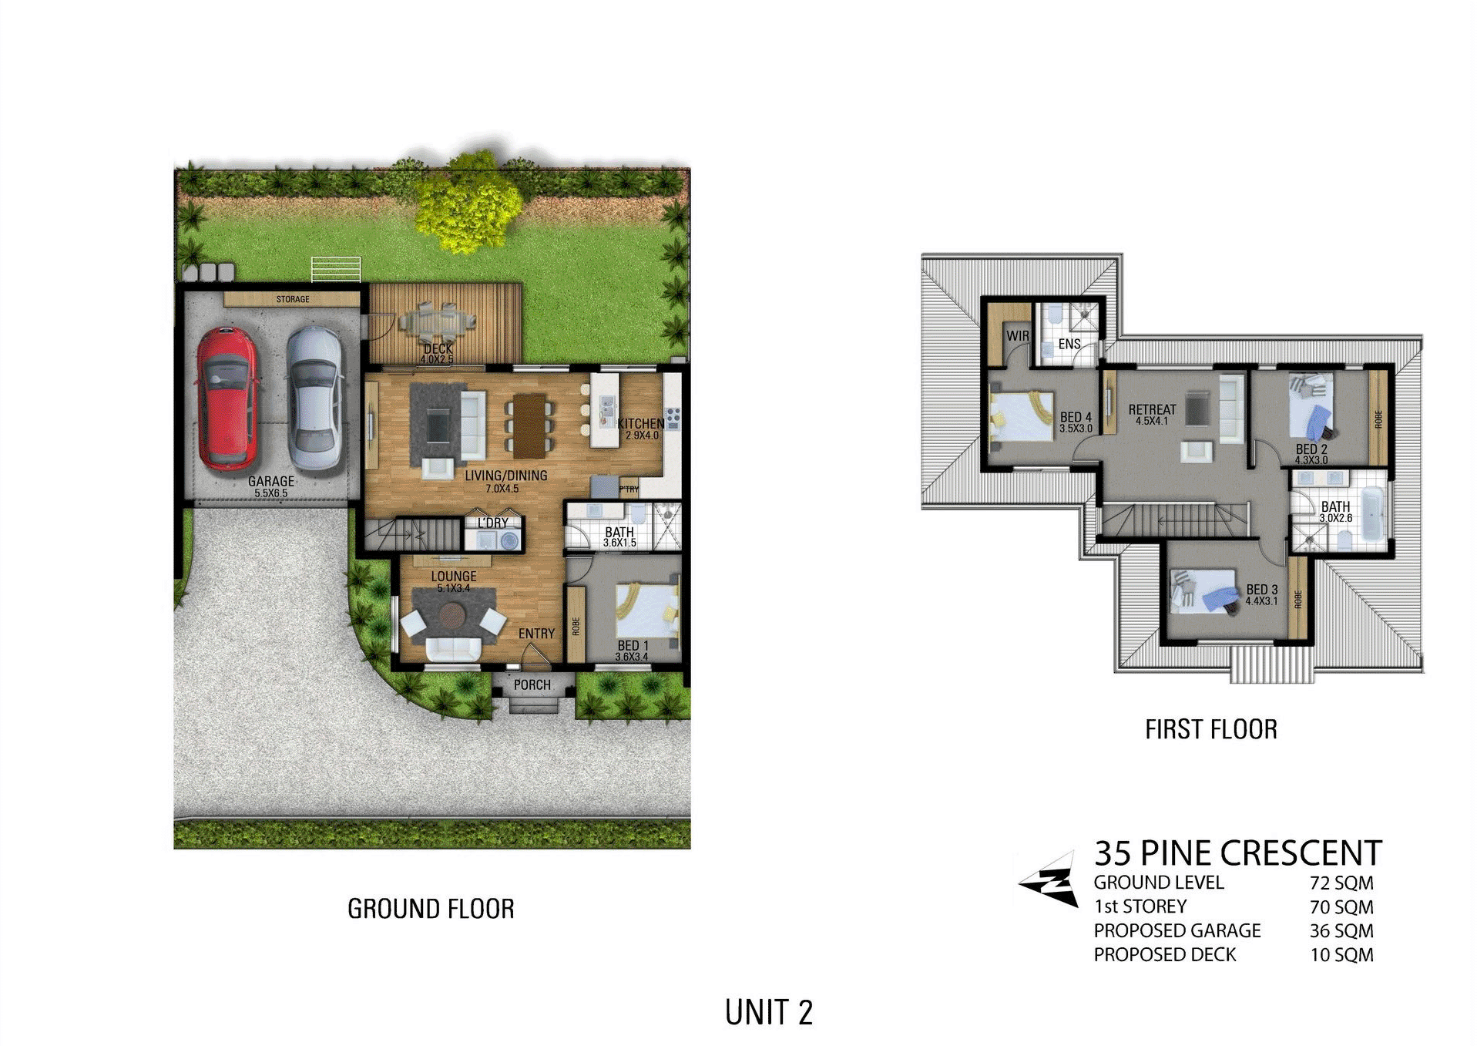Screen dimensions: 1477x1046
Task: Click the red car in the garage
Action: click(x=227, y=399)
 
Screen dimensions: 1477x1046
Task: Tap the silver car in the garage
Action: click(x=314, y=399)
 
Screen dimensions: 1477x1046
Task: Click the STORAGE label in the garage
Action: click(x=293, y=299)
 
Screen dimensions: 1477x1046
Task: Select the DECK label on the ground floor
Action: click(x=438, y=349)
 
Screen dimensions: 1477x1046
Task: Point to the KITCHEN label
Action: click(x=640, y=423)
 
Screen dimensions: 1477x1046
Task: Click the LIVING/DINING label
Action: click(x=505, y=476)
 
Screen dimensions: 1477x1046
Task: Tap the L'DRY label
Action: click(x=493, y=523)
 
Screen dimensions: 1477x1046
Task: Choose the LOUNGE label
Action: click(x=454, y=576)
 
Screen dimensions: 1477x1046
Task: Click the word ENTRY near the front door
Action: click(x=536, y=634)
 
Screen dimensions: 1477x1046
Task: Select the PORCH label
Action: click(x=532, y=684)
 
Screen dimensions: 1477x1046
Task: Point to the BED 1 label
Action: click(x=633, y=645)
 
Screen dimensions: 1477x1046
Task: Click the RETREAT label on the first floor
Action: click(x=1152, y=409)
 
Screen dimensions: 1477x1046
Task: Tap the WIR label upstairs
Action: click(x=1018, y=336)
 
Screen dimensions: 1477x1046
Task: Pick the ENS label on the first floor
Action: click(x=1069, y=344)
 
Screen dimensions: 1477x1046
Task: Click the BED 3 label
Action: click(x=1262, y=590)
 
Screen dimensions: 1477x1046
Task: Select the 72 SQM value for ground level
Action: click(x=1341, y=883)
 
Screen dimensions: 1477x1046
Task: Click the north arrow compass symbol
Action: click(x=1049, y=880)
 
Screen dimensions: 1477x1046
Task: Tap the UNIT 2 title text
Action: click(x=769, y=1012)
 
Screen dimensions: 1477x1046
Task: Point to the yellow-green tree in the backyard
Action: click(x=468, y=202)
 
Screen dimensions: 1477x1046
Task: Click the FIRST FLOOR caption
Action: click(x=1210, y=729)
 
